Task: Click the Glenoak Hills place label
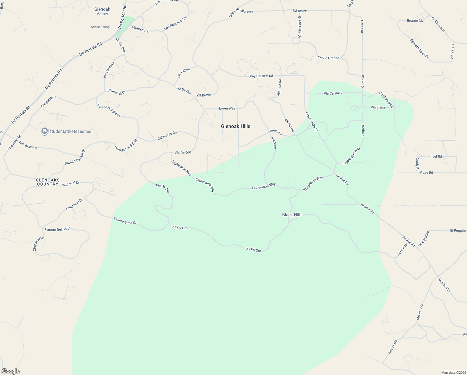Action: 235,126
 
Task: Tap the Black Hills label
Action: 292,215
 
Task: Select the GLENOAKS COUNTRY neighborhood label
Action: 48,182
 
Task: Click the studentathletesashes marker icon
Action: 44,131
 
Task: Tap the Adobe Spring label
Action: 100,27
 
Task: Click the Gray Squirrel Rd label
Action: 261,76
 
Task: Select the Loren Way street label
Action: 227,108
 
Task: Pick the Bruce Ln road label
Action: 276,132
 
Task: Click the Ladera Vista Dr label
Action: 125,221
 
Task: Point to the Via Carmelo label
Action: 333,93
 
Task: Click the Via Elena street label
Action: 377,107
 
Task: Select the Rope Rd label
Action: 426,172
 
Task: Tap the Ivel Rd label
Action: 436,157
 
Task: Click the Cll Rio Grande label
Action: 328,58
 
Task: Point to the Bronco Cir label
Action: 415,21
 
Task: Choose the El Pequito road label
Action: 458,231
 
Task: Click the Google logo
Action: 10,371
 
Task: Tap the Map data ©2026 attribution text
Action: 453,372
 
